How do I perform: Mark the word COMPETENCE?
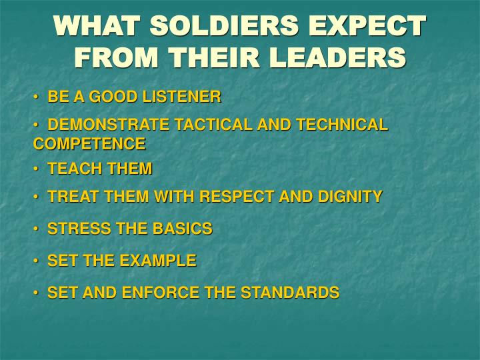tap(89, 143)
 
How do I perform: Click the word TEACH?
tap(73, 169)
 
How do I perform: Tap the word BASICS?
tap(182, 229)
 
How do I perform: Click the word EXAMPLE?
tap(158, 261)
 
